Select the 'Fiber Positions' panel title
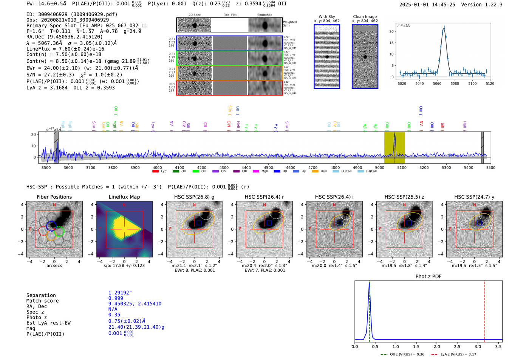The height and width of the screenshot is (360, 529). tap(54, 197)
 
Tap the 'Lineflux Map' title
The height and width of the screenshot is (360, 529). tap(124, 197)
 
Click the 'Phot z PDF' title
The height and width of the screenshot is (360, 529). tap(428, 276)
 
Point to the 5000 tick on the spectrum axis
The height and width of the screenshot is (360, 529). tap(379, 167)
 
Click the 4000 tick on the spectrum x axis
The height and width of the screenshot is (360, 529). tap(157, 167)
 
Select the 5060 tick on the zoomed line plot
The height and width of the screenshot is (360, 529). tap(437, 83)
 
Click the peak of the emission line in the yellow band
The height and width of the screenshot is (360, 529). tap(394, 134)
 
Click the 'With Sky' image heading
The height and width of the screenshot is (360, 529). tap(326, 17)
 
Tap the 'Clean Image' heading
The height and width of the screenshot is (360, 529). tap(365, 17)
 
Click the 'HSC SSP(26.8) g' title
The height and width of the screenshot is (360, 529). tap(194, 197)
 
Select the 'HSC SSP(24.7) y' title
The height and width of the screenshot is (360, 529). tap(474, 197)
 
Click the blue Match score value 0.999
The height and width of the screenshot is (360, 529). tap(116, 298)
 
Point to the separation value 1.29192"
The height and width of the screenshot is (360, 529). tap(120, 293)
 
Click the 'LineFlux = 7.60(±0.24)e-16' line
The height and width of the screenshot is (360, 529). tap(65, 49)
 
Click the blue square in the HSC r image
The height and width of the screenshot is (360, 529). tap(269, 223)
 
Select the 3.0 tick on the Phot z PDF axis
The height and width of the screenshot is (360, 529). tap(478, 346)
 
